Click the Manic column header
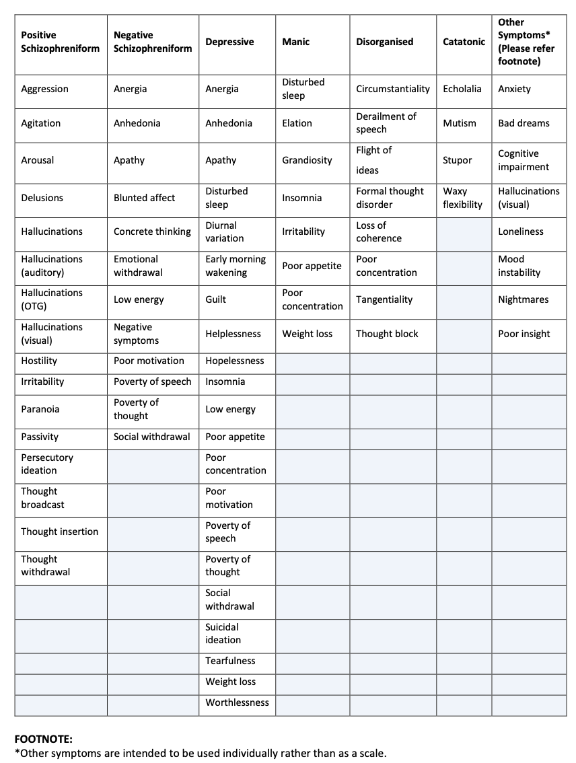(x=296, y=42)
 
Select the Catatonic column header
(x=464, y=42)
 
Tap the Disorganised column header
(x=384, y=42)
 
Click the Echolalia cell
(x=462, y=89)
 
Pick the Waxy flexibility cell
(x=462, y=198)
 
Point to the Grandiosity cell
(x=307, y=160)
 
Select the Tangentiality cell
(x=384, y=299)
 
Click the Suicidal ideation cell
(x=223, y=633)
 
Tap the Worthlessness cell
(x=237, y=702)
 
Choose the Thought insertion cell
(x=59, y=532)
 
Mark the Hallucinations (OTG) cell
(x=52, y=299)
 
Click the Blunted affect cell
(x=144, y=198)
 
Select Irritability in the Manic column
(x=303, y=231)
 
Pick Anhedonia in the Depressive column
(x=229, y=123)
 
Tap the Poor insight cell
(x=524, y=334)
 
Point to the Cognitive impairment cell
(x=523, y=160)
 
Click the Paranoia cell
(x=40, y=409)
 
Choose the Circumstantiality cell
(x=392, y=89)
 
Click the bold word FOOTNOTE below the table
(x=43, y=739)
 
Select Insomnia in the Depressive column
(x=225, y=381)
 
